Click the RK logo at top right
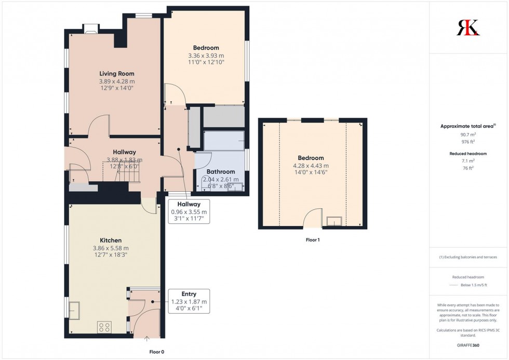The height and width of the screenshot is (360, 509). [x=468, y=28]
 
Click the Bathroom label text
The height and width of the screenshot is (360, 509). [x=221, y=171]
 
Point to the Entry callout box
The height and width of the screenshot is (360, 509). [x=189, y=301]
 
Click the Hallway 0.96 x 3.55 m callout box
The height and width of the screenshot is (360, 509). [x=189, y=212]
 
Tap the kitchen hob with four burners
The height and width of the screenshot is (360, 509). [x=104, y=327]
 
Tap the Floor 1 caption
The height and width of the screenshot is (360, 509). [x=312, y=240]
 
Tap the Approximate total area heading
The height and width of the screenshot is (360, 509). [x=467, y=126]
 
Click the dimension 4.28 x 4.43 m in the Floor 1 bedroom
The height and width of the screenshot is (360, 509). [x=311, y=166]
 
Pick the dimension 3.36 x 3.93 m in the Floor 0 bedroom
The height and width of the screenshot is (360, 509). [x=206, y=56]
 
